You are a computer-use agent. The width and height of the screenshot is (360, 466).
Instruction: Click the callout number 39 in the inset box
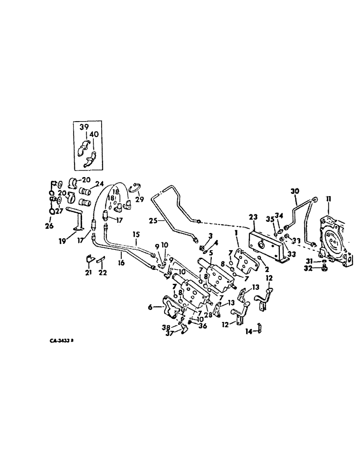pyautogui.click(x=83, y=127)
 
